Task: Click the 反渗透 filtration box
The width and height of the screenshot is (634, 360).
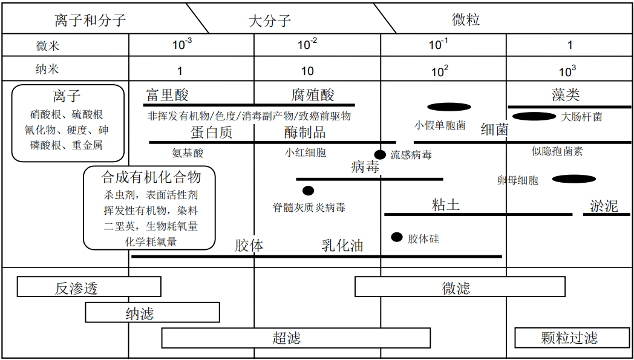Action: [89, 287]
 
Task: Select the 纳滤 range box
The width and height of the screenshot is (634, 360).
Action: [152, 312]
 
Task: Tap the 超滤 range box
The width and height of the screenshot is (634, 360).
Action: [296, 338]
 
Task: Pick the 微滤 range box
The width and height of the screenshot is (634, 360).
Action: [460, 287]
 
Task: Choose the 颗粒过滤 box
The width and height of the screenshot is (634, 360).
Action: [569, 337]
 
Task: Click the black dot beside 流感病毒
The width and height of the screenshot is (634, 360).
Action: [380, 155]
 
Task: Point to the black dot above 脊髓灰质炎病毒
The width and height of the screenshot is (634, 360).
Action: [308, 191]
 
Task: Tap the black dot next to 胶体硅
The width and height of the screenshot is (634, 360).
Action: [397, 237]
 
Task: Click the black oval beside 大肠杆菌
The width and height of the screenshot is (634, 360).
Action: [534, 116]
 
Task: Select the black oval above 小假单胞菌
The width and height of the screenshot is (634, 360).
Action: [449, 107]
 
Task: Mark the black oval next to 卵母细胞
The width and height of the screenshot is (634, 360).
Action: [574, 179]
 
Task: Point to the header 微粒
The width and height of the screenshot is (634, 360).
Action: [466, 20]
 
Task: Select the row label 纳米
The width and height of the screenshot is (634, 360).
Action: [47, 69]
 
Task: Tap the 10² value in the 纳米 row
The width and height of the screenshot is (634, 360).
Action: [440, 71]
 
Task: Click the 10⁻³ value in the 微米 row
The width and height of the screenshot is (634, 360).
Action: [182, 44]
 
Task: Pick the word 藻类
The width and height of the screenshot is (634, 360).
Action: [566, 94]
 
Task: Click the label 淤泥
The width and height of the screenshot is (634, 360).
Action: [603, 206]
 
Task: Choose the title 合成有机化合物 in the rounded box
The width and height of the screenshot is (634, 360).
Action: [150, 177]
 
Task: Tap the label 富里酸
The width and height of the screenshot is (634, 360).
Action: [168, 95]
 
